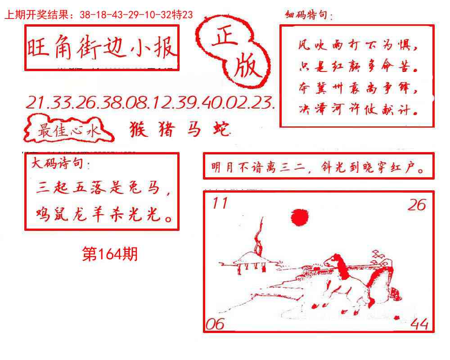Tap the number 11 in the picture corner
click(x=220, y=204)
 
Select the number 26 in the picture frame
click(x=416, y=205)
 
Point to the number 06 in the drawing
click(x=215, y=324)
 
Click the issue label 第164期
click(x=110, y=255)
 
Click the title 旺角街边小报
click(x=102, y=49)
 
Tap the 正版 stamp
click(x=235, y=53)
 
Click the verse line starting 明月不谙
click(x=318, y=169)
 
